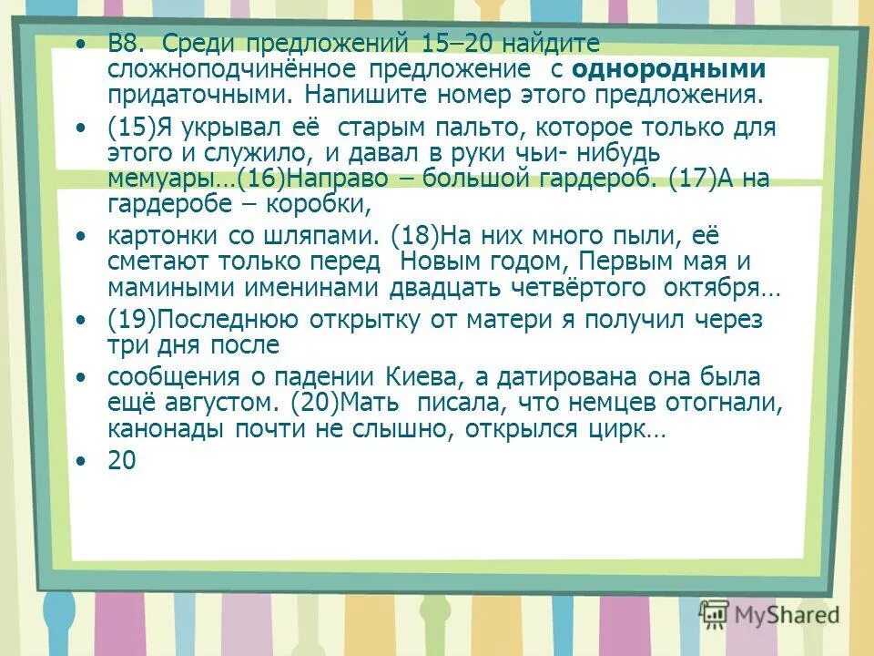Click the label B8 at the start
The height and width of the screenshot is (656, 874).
point(124,45)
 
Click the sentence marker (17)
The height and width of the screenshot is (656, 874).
point(694,179)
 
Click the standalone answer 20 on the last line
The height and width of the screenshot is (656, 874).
point(121,462)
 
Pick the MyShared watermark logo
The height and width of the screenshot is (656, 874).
point(769,614)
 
